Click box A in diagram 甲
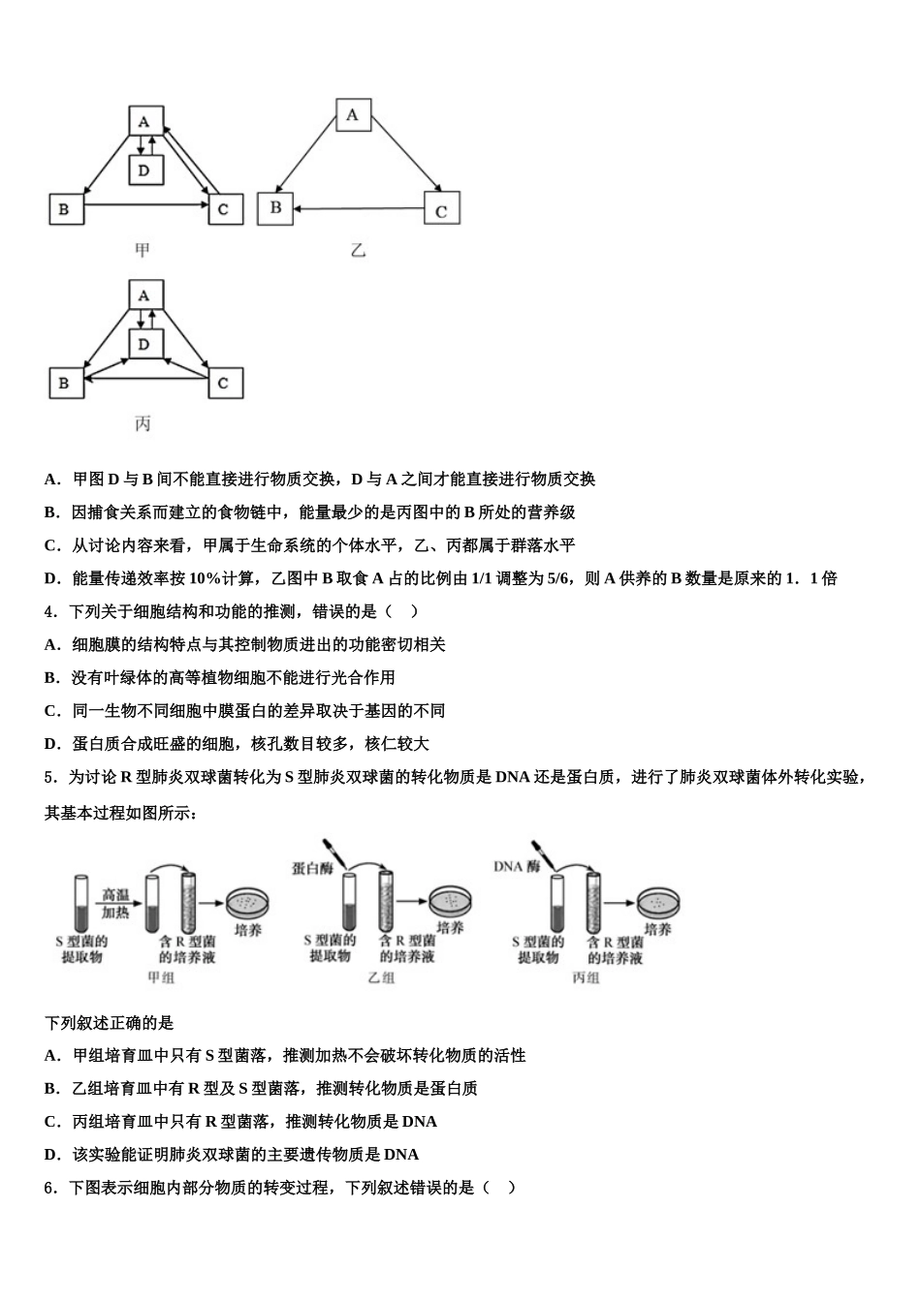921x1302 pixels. (144, 121)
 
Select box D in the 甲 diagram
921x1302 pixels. (144, 170)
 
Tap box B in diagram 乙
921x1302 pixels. (275, 207)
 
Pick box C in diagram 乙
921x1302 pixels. (441, 209)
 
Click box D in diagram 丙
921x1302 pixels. (144, 344)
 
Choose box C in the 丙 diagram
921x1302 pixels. (225, 383)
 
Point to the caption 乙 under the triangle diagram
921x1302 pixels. (358, 251)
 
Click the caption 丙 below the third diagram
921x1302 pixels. (143, 423)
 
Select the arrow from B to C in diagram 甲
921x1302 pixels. (145, 204)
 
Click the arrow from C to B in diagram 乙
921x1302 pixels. (359, 208)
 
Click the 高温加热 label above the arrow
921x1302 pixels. (116, 903)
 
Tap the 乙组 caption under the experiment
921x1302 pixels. (381, 977)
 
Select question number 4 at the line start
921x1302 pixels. (50, 611)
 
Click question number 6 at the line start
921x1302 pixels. (50, 1187)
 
